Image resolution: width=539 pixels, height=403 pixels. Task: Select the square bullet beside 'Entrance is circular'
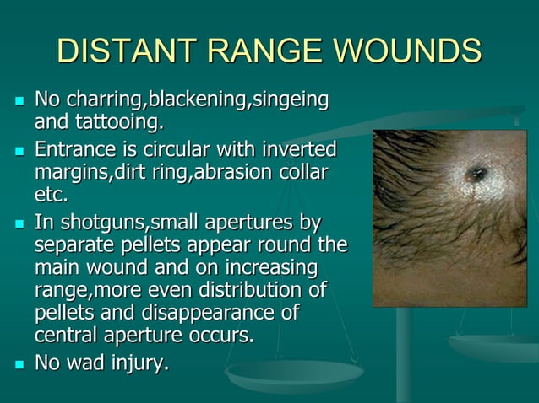click(x=18, y=152)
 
